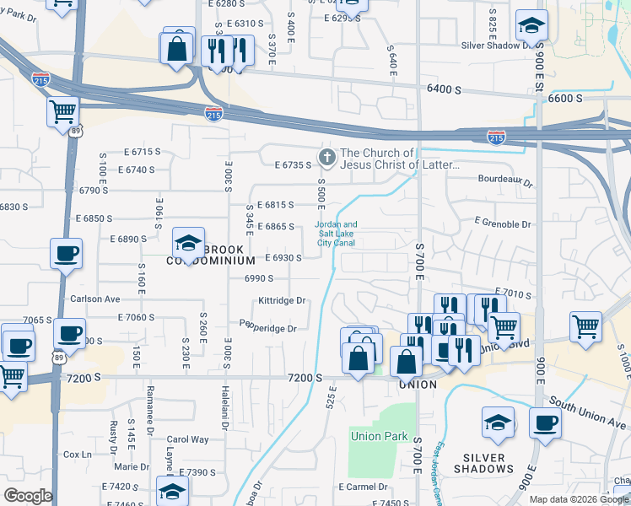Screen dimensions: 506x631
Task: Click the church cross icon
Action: tap(326, 157)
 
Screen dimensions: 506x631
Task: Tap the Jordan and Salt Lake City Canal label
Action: tap(337, 234)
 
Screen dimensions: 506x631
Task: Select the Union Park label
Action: tap(379, 437)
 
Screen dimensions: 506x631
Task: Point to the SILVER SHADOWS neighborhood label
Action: tap(483, 463)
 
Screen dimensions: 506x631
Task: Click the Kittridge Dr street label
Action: tap(282, 300)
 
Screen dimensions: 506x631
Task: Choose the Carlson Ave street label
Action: tap(95, 299)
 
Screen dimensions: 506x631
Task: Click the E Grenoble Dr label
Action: tap(503, 224)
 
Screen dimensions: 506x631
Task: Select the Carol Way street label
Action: tap(187, 439)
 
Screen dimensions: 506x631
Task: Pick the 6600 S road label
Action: tap(565, 98)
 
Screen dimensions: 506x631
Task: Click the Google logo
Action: tap(27, 496)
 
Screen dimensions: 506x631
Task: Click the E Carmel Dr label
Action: tap(363, 487)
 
